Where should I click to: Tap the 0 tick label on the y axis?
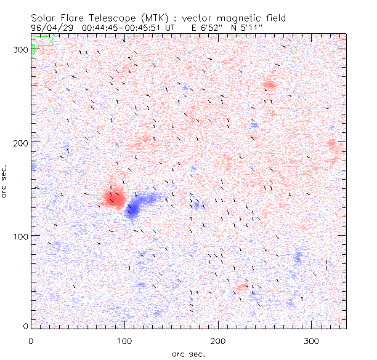(x=25, y=326)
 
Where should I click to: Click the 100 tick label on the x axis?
(x=125, y=340)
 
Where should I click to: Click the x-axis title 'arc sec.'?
(x=188, y=354)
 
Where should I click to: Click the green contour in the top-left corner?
(x=42, y=45)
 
